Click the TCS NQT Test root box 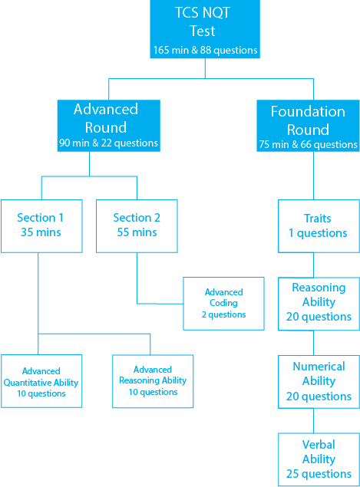tap(205, 29)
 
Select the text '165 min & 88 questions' tap(205, 50)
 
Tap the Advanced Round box tap(109, 126)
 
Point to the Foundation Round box tap(308, 126)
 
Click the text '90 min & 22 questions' tap(108, 143)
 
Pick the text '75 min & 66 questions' tap(308, 144)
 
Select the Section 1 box tap(41, 226)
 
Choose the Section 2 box tap(137, 226)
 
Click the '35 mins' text tap(41, 232)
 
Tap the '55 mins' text tap(137, 232)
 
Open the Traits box tap(319, 226)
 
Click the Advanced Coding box tap(223, 304)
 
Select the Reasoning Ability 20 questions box tap(319, 304)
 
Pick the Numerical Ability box tap(319, 382)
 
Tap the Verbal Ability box tap(319, 459)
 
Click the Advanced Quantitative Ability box tap(41, 381)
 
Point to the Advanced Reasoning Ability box tap(153, 381)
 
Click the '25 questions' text tap(319, 474)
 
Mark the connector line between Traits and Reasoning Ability tap(313, 265)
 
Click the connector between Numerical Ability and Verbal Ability tap(313, 421)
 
